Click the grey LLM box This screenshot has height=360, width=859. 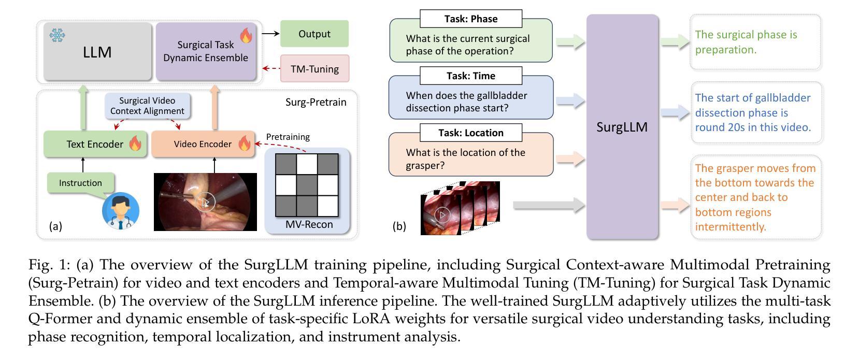[97, 51]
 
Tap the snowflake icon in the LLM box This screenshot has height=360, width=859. [57, 35]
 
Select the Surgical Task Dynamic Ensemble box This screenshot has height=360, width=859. [206, 51]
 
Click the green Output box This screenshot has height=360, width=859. [314, 34]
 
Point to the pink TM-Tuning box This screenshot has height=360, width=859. [315, 68]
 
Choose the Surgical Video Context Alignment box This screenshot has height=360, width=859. [147, 106]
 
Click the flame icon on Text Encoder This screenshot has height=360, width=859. [135, 143]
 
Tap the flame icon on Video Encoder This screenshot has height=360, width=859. [244, 143]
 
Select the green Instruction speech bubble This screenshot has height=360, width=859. [81, 183]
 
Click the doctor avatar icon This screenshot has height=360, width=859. [120, 211]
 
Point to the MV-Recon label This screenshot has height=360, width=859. [309, 224]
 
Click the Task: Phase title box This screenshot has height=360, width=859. [471, 19]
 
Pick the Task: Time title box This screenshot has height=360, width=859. [471, 76]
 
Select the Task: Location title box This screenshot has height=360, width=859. [471, 133]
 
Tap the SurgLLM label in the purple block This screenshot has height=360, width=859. [622, 127]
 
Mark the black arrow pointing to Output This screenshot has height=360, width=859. [271, 34]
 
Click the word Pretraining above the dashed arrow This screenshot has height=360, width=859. [288, 137]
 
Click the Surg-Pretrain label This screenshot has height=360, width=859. [316, 102]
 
